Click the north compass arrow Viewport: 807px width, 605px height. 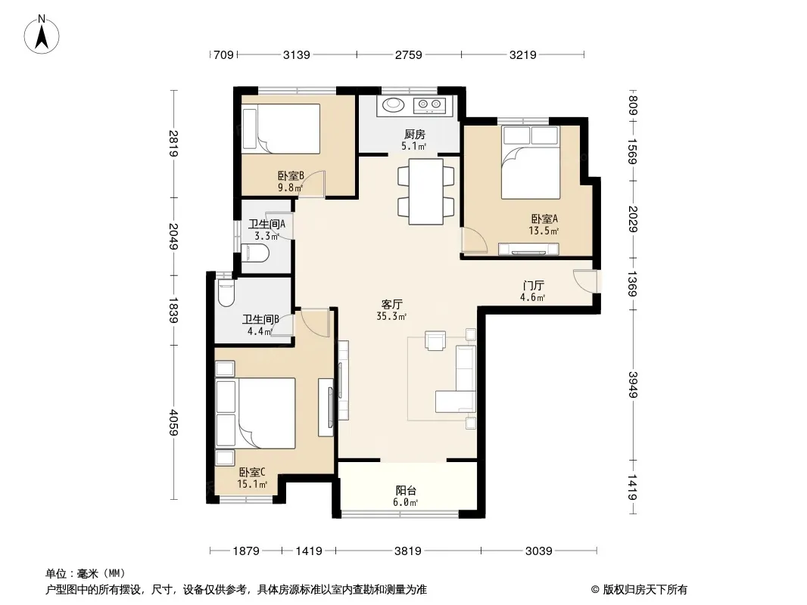click(42, 36)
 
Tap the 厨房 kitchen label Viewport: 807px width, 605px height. click(414, 135)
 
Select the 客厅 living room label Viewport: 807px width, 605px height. click(391, 304)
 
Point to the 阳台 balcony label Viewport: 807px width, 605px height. click(406, 490)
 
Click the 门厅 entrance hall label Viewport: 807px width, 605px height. click(533, 285)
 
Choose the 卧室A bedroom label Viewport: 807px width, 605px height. click(544, 219)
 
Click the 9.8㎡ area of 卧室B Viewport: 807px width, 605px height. click(290, 188)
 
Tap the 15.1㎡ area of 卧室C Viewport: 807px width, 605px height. click(252, 484)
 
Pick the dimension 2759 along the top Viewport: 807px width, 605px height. click(409, 54)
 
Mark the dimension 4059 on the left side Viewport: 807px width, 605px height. click(173, 422)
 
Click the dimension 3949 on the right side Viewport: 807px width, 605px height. click(633, 384)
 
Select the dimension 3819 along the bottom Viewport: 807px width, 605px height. click(407, 551)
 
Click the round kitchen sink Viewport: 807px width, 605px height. click(393, 104)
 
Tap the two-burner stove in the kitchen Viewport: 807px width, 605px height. click(430, 105)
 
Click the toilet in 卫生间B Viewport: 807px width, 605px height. click(226, 293)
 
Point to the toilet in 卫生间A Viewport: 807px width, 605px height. click(255, 253)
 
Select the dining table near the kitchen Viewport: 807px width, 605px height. click(426, 191)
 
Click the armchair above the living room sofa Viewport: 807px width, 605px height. click(435, 340)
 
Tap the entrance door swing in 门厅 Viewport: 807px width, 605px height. click(584, 281)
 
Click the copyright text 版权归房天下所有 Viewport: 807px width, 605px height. click(645, 590)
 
